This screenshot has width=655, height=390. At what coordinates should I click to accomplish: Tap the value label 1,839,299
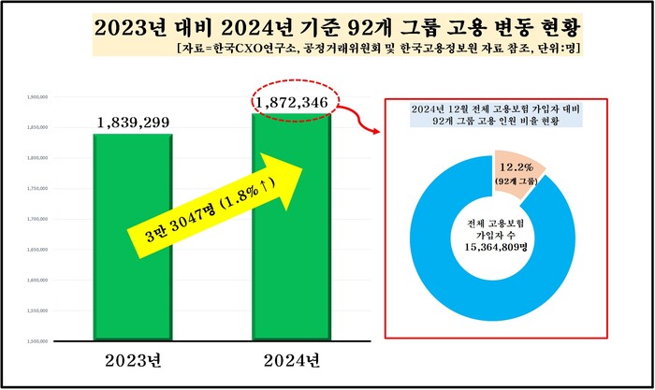(x=132, y=123)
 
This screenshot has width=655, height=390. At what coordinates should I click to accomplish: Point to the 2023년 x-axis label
(x=132, y=360)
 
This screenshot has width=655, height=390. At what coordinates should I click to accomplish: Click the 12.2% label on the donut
(x=518, y=167)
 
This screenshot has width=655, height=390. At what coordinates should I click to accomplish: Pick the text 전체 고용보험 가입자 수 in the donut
(x=496, y=230)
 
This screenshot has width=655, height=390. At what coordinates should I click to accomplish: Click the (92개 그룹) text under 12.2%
(x=519, y=181)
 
